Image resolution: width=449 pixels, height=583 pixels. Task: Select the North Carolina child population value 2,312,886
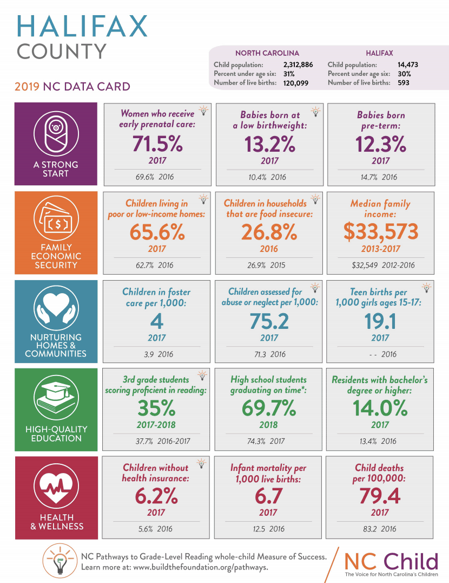click(x=298, y=64)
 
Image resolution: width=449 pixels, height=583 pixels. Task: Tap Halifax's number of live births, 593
click(x=401, y=83)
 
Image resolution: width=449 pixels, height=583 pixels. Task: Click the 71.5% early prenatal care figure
click(x=156, y=144)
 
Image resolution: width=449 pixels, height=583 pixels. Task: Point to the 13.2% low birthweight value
click(x=269, y=144)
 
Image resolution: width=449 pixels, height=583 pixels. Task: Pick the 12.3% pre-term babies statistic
click(x=380, y=144)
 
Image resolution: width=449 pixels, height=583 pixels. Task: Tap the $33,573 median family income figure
click(x=380, y=232)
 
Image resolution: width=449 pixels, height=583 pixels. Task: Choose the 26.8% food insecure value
click(x=269, y=232)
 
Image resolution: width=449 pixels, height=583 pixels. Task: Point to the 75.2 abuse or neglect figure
click(x=269, y=321)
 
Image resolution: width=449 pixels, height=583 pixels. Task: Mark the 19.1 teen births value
click(x=380, y=321)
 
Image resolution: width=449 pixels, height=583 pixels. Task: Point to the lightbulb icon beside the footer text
click(x=60, y=561)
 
